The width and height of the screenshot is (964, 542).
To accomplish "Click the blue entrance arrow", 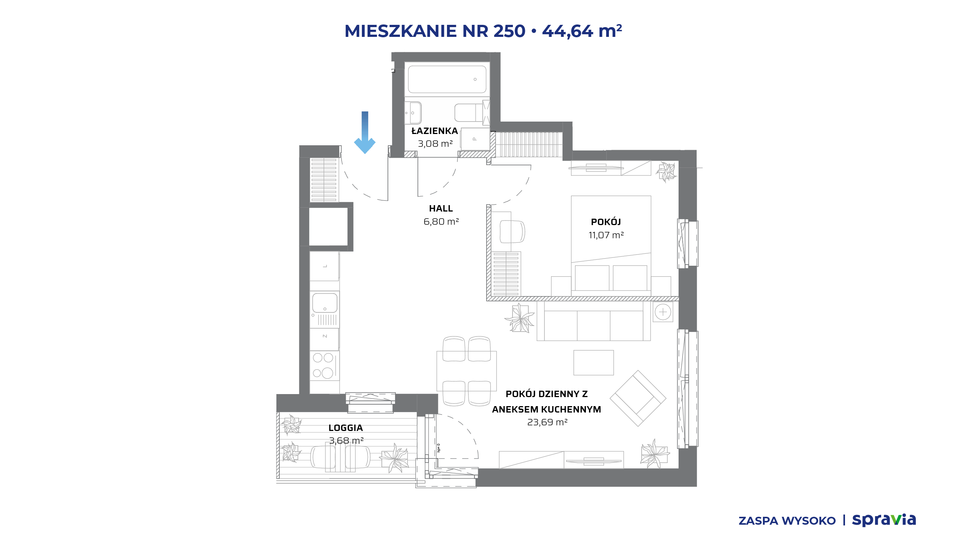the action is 365,132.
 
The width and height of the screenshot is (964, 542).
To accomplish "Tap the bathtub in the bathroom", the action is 447,79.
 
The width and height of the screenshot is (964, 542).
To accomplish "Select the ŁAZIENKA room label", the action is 435,131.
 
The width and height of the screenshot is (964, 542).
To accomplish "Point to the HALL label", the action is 441,209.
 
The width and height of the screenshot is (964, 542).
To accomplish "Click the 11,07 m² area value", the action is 606,235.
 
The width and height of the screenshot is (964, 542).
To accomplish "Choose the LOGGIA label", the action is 346,428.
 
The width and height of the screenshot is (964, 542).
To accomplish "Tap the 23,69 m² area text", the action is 547,422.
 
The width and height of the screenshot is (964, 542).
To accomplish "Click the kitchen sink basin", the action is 325,303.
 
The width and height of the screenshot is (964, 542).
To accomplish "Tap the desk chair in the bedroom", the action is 512,231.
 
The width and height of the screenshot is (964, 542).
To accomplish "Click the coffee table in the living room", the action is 593,362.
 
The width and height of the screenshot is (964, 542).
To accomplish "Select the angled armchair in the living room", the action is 638,398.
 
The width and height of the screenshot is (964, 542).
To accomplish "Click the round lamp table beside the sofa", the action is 663,312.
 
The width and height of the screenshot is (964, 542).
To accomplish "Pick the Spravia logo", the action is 884,520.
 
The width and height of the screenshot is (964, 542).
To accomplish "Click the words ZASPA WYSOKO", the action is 787,521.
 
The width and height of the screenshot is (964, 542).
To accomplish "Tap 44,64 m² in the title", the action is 582,31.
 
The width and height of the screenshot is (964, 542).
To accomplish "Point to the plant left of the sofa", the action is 520,318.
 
